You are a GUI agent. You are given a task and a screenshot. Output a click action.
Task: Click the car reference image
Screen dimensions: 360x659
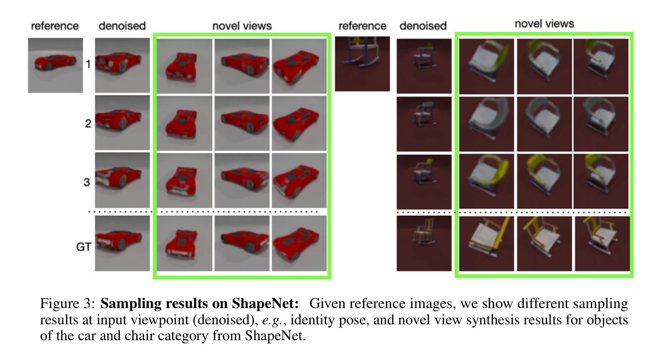tap(55, 65)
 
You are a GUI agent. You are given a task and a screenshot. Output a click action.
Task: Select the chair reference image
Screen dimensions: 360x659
tap(362, 63)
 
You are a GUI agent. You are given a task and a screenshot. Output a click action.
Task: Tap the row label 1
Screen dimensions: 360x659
tap(88, 64)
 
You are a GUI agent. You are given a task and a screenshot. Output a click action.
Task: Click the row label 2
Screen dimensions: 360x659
tap(88, 123)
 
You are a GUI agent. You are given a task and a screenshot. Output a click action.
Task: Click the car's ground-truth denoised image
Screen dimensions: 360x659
tap(122, 243)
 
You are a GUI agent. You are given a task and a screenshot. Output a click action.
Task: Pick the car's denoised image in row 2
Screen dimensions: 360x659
tap(122, 122)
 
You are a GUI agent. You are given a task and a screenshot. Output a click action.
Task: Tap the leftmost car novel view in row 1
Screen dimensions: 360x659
tap(184, 66)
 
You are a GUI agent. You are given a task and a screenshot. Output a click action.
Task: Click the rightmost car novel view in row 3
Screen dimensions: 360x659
tap(299, 180)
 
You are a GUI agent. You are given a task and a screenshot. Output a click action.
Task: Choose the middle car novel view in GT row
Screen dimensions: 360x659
tap(242, 243)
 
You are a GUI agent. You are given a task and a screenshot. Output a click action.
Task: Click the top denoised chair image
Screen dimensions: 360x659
tap(424, 66)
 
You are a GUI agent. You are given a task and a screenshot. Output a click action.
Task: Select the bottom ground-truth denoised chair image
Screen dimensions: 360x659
tap(424, 243)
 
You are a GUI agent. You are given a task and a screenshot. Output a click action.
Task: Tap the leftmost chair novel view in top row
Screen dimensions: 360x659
tap(486, 66)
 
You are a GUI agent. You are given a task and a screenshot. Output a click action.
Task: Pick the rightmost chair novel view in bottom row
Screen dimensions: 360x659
tap(602, 243)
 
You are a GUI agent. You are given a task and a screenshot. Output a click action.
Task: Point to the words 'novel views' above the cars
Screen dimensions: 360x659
tap(242, 26)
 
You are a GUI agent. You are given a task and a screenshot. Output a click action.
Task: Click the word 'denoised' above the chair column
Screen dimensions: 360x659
tap(423, 26)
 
